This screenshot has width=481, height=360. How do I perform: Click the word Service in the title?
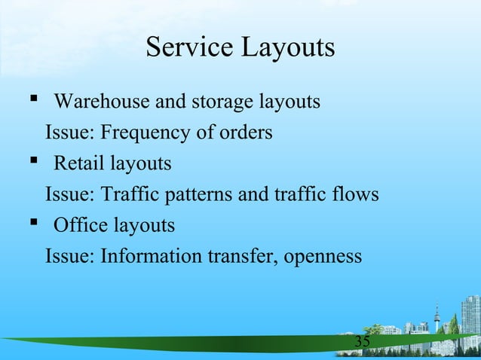[189, 47]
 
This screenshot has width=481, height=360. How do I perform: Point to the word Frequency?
[142, 134]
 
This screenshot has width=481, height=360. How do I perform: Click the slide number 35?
[363, 343]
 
